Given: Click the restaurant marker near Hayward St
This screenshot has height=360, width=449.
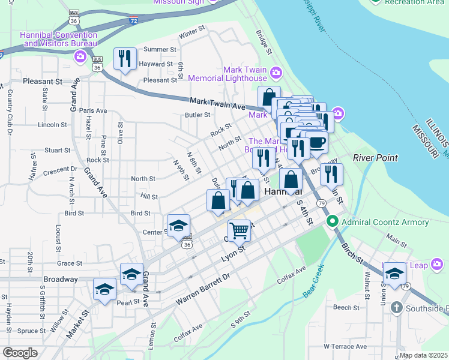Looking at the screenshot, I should (x=125, y=58).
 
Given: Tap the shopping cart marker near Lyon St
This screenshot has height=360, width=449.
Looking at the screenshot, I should (x=239, y=229).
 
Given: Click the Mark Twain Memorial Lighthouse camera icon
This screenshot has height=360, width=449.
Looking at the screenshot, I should (x=276, y=73).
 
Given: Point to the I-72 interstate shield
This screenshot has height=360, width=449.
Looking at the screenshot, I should (x=133, y=20).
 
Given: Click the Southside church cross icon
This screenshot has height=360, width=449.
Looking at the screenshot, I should (x=396, y=308).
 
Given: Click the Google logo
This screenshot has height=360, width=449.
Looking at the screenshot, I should (x=20, y=353).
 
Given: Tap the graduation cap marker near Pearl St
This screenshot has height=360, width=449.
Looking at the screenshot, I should (x=104, y=289).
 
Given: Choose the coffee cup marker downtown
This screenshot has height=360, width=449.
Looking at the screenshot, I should (x=316, y=142).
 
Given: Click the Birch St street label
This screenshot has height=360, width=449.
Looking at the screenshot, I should (x=353, y=253).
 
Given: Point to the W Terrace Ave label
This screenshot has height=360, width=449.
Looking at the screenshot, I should (x=345, y=346).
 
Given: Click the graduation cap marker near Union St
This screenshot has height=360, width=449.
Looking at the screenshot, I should (x=394, y=273).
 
